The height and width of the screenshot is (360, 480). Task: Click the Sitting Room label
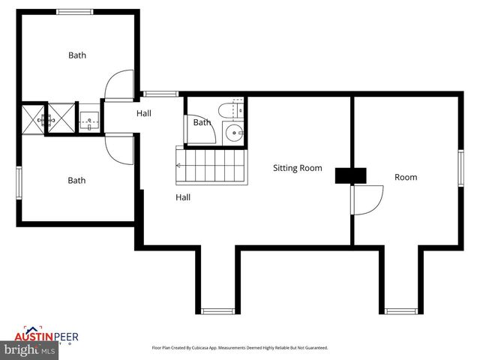click(x=297, y=168)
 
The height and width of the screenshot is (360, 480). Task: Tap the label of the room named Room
click(x=406, y=177)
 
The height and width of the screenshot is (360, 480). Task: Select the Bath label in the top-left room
click(x=77, y=55)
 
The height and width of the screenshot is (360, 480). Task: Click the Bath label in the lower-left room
click(x=77, y=180)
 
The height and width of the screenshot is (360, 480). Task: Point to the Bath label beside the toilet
click(x=202, y=122)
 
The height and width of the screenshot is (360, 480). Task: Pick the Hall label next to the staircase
click(x=183, y=197)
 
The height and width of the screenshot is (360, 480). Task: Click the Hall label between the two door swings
click(x=144, y=114)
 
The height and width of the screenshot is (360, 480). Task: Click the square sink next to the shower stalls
click(x=89, y=118)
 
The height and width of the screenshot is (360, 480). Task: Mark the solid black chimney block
click(x=350, y=175)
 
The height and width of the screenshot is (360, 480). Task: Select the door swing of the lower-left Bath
click(x=120, y=149)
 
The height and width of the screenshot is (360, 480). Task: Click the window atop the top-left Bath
click(x=75, y=11)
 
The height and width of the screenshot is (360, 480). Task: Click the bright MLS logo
click(x=29, y=350)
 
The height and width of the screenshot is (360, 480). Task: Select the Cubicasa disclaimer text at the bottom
click(x=240, y=348)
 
